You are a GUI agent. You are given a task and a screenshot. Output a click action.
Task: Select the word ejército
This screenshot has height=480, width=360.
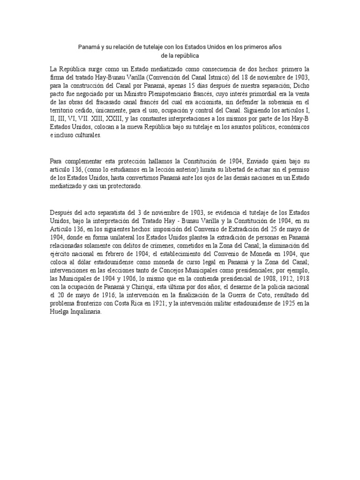coord(61,254)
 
